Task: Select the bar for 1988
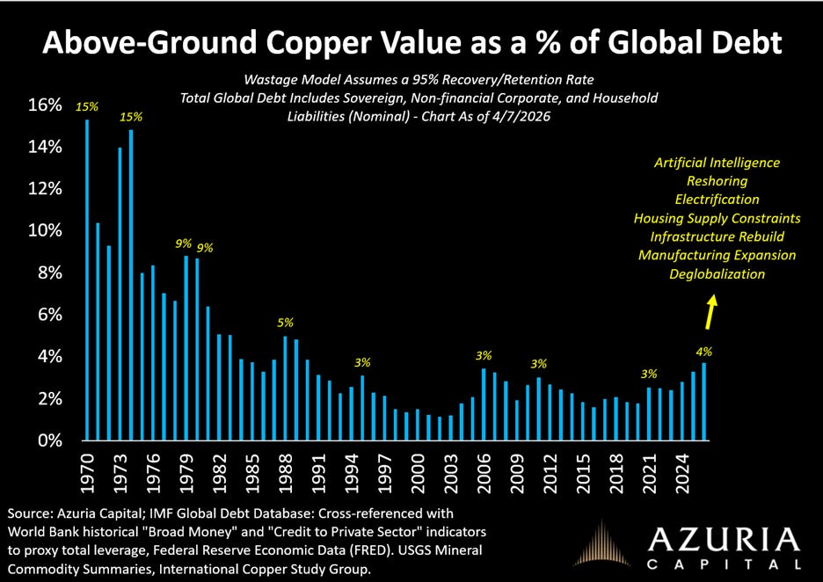[x=285, y=388]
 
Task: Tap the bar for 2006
[x=484, y=404]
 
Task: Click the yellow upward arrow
[x=711, y=310]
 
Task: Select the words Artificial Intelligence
[x=717, y=162]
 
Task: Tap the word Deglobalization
[x=717, y=273]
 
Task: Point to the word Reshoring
[x=717, y=180]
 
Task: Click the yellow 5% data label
[x=285, y=323]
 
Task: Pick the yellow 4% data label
[x=704, y=349]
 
